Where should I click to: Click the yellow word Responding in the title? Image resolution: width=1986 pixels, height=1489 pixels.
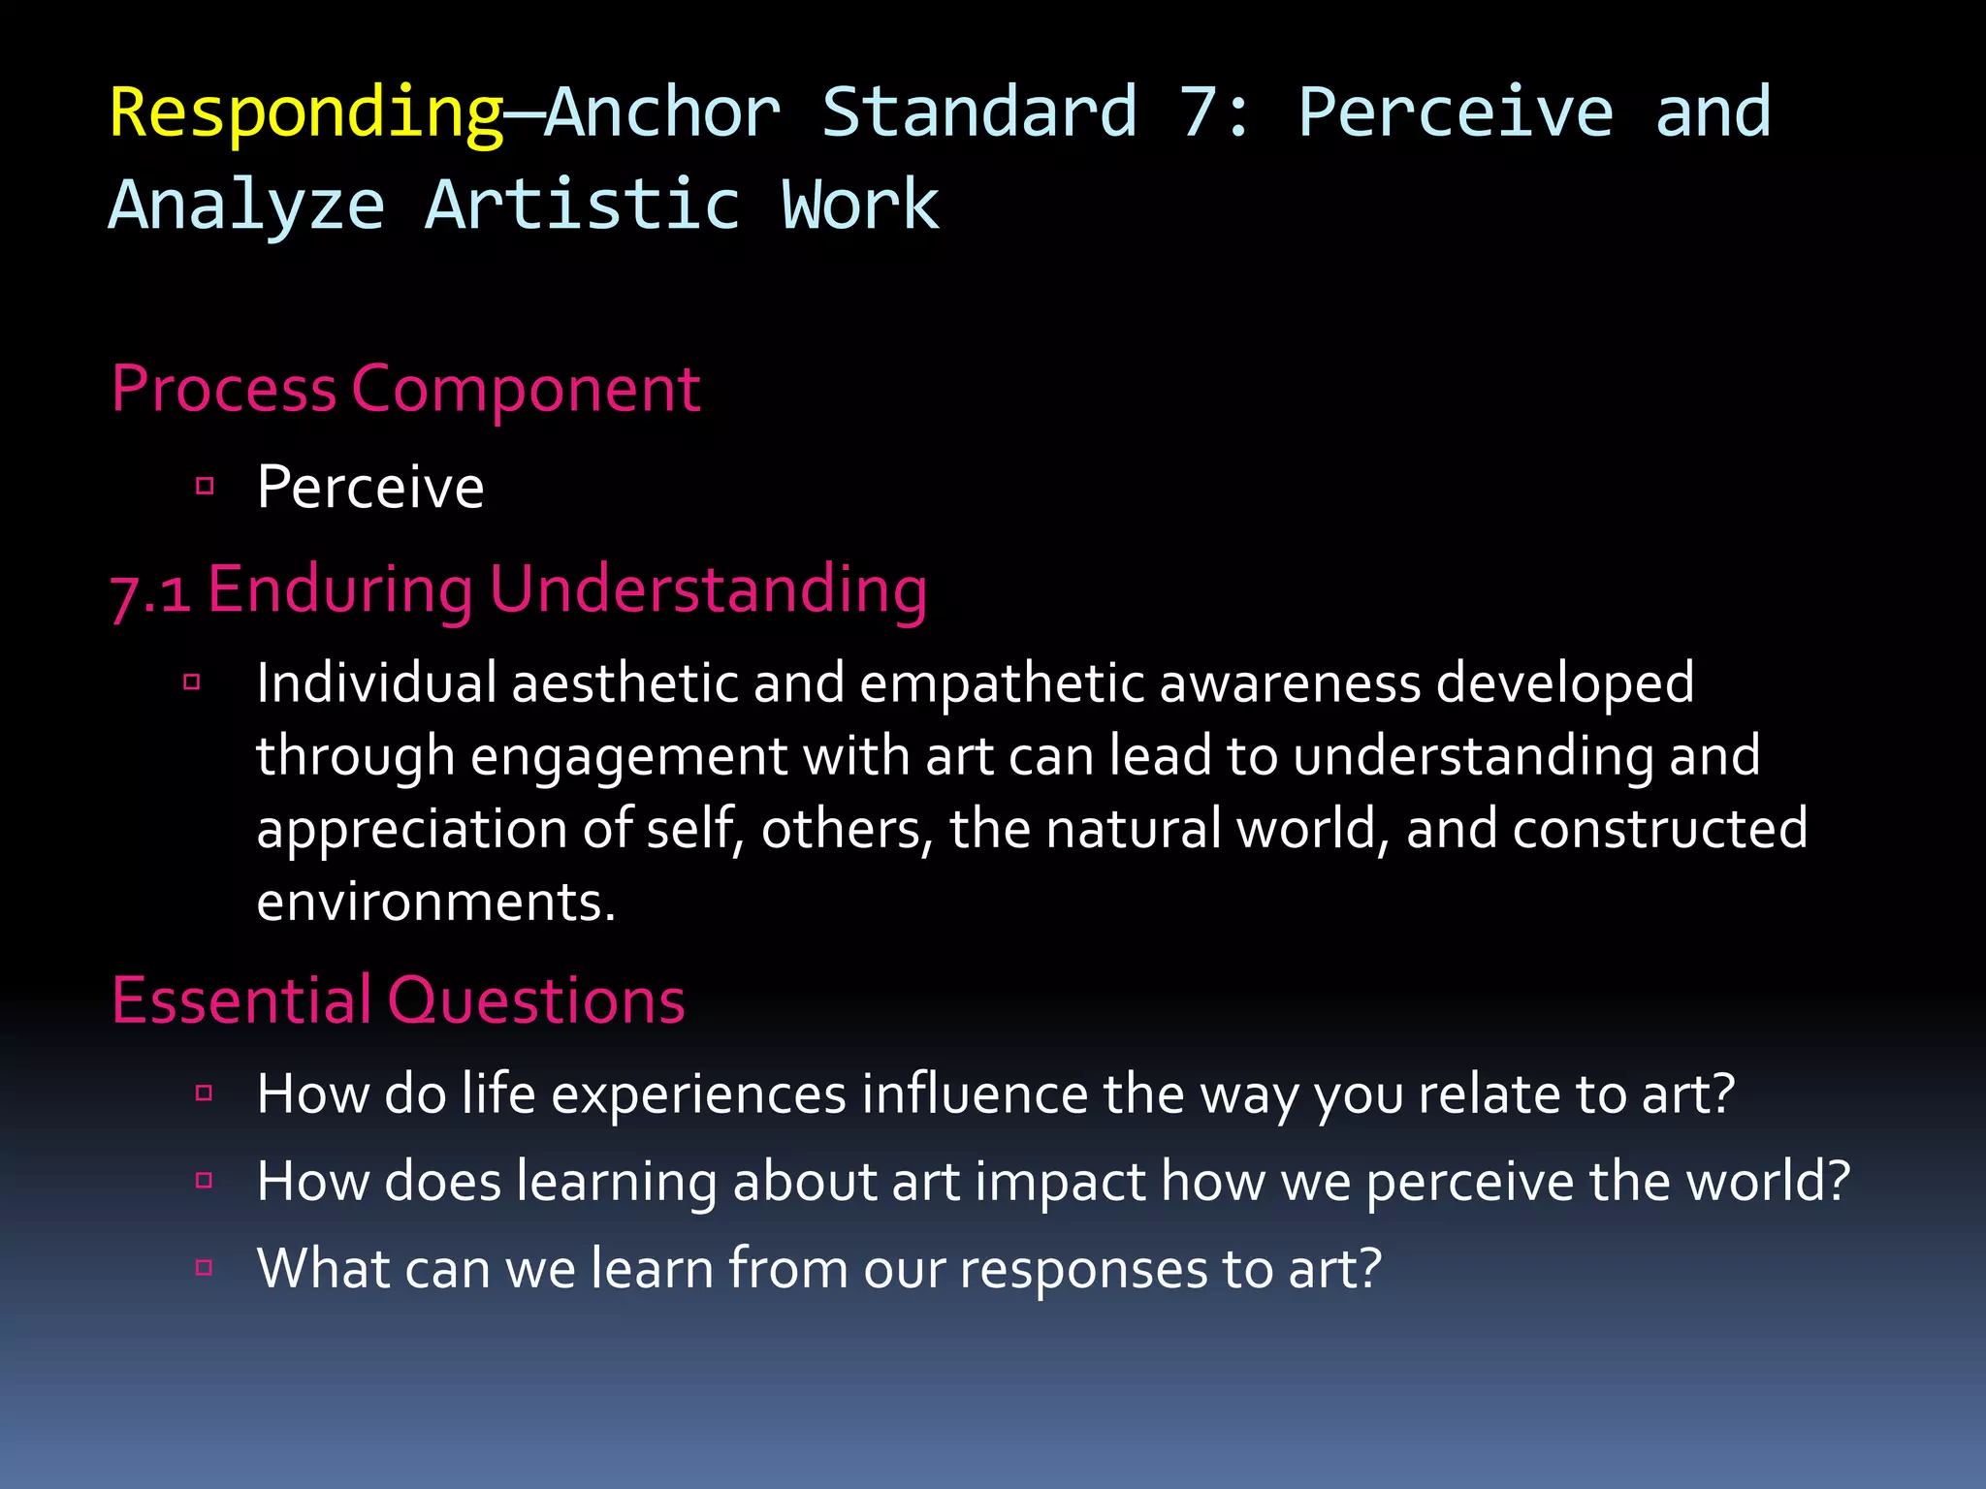pyautogui.click(x=305, y=114)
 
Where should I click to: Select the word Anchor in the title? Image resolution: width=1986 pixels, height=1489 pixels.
pyautogui.click(x=662, y=112)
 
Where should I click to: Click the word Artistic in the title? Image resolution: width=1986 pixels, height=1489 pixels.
pyautogui.click(x=583, y=205)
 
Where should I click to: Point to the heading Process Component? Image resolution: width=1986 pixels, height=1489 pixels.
pyautogui.click(x=405, y=390)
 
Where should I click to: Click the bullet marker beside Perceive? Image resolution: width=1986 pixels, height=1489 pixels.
pyautogui.click(x=205, y=486)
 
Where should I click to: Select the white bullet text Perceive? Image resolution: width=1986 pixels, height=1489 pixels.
pyautogui.click(x=369, y=487)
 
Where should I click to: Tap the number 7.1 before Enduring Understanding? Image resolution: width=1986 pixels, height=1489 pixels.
pyautogui.click(x=150, y=591)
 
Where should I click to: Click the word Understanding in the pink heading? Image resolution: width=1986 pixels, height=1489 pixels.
pyautogui.click(x=708, y=589)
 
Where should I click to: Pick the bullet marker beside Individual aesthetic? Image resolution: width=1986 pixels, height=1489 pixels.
pyautogui.click(x=192, y=682)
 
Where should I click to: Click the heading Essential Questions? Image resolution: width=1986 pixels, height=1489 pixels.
pyautogui.click(x=398, y=1000)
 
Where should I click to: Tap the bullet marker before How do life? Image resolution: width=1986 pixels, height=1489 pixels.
pyautogui.click(x=204, y=1093)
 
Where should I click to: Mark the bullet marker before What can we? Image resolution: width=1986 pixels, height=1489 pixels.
pyautogui.click(x=204, y=1267)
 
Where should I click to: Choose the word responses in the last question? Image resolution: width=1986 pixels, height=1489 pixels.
pyautogui.click(x=1082, y=1270)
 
